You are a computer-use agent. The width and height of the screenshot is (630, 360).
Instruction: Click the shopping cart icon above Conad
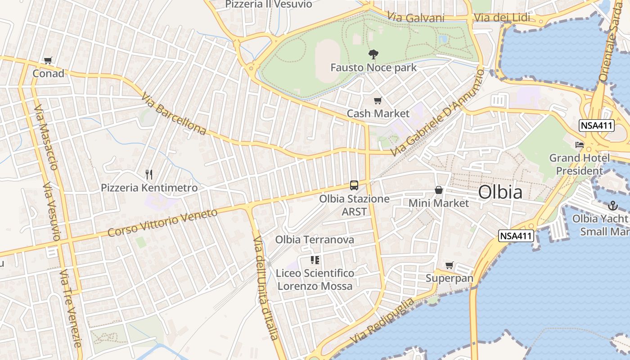point(48,60)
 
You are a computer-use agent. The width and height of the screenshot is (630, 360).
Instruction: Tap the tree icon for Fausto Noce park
point(373,55)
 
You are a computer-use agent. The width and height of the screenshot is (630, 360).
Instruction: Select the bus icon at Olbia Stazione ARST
point(354,185)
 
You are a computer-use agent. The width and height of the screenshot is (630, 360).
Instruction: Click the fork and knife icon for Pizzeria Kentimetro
point(149,175)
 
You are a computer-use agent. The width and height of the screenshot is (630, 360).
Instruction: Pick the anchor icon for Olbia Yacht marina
point(612,206)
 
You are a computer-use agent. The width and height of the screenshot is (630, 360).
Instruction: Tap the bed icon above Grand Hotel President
point(580,145)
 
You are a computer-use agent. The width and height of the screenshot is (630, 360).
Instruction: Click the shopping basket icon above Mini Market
point(439,190)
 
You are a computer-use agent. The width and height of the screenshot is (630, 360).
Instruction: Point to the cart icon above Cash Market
point(378,101)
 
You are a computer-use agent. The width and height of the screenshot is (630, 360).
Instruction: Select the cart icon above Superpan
point(449,265)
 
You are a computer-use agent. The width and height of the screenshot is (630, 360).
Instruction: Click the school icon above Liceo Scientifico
point(315,260)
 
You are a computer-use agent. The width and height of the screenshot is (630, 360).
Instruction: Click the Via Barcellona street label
point(173,114)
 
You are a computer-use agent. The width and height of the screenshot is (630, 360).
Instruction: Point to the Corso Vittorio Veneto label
point(162,223)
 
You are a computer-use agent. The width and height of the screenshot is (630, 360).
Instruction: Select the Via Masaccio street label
point(46,139)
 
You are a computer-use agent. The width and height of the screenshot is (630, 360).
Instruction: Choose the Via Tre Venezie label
point(72,308)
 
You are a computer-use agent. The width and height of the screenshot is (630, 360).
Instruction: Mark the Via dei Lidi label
point(502,18)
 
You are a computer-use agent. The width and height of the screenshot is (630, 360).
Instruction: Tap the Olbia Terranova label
point(315,240)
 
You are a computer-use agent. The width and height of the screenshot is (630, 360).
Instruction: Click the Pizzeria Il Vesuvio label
point(269,4)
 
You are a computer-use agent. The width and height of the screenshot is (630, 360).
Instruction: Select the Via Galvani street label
point(416,18)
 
